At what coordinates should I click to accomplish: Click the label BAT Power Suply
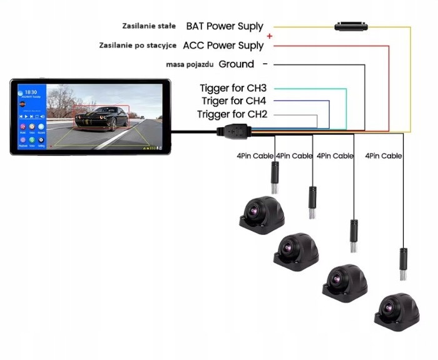click(225, 27)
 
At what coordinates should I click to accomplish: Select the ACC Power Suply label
click(223, 46)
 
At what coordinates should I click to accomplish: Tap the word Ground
click(237, 64)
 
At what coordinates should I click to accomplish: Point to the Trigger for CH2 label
click(232, 114)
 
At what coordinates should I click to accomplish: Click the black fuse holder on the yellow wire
click(350, 26)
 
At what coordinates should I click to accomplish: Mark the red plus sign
click(270, 36)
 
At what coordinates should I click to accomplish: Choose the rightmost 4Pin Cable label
click(383, 156)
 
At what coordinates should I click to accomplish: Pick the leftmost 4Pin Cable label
click(254, 156)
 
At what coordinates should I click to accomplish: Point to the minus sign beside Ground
click(265, 64)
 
